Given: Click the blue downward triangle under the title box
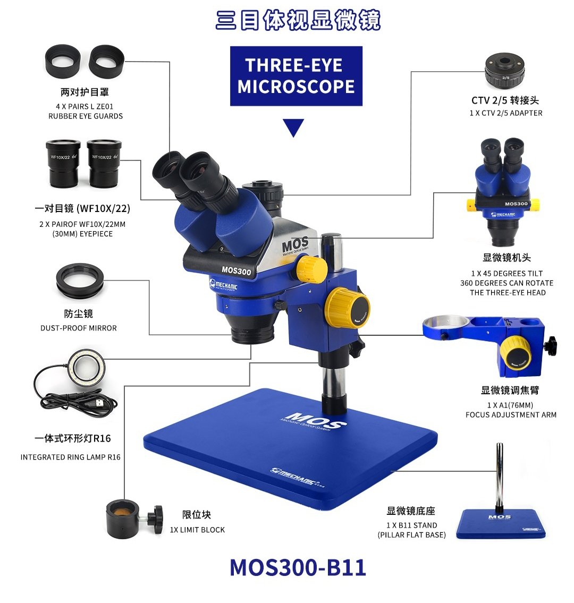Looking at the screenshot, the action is (293, 127).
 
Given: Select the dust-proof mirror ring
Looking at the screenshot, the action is (80, 281).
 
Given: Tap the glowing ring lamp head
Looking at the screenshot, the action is (87, 368).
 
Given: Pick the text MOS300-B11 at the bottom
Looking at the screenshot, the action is (298, 567).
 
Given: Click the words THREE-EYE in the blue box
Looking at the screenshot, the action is (293, 65).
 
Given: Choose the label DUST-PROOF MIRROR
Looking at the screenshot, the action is (79, 328).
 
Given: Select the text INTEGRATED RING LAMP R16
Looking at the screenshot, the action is (70, 457).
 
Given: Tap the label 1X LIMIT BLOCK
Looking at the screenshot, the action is (197, 530).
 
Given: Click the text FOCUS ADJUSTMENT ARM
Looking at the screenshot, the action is (511, 414).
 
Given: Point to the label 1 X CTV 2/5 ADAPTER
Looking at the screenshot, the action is (506, 113).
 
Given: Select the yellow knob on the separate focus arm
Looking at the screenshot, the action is (516, 353).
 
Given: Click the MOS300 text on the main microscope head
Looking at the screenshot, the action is (236, 270).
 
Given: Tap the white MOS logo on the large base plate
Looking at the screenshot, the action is (314, 420).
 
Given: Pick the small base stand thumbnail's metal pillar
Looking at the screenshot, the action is (500, 477).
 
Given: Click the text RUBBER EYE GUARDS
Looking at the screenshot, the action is (86, 116).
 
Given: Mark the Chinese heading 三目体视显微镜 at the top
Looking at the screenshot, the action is (298, 20).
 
